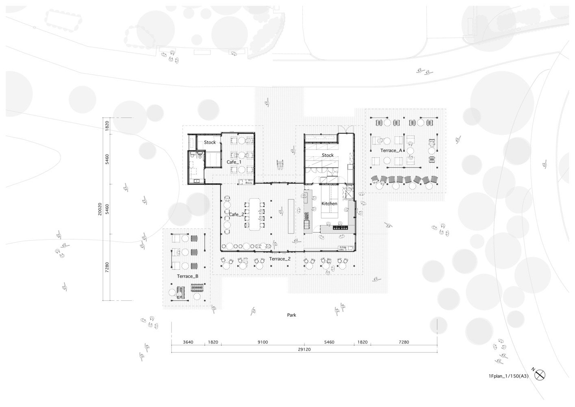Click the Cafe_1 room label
pyautogui.click(x=234, y=162)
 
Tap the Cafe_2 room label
pyautogui.click(x=237, y=214)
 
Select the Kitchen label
pyautogui.click(x=329, y=203)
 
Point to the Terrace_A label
pyautogui.click(x=391, y=151)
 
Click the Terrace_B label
pyautogui.click(x=188, y=276)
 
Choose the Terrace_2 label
pyautogui.click(x=280, y=259)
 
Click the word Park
pyautogui.click(x=292, y=315)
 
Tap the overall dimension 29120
pyautogui.click(x=304, y=349)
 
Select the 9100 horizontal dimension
pyautogui.click(x=263, y=342)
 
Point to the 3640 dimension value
pyautogui.click(x=188, y=342)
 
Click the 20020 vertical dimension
pyautogui.click(x=100, y=209)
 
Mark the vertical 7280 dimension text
pyautogui.click(x=107, y=267)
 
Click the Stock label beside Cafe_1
pyautogui.click(x=210, y=142)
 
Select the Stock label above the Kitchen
pyautogui.click(x=328, y=155)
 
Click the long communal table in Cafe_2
pyautogui.click(x=254, y=214)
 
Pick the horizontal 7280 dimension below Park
pyautogui.click(x=404, y=342)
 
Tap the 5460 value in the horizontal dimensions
pyautogui.click(x=329, y=342)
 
